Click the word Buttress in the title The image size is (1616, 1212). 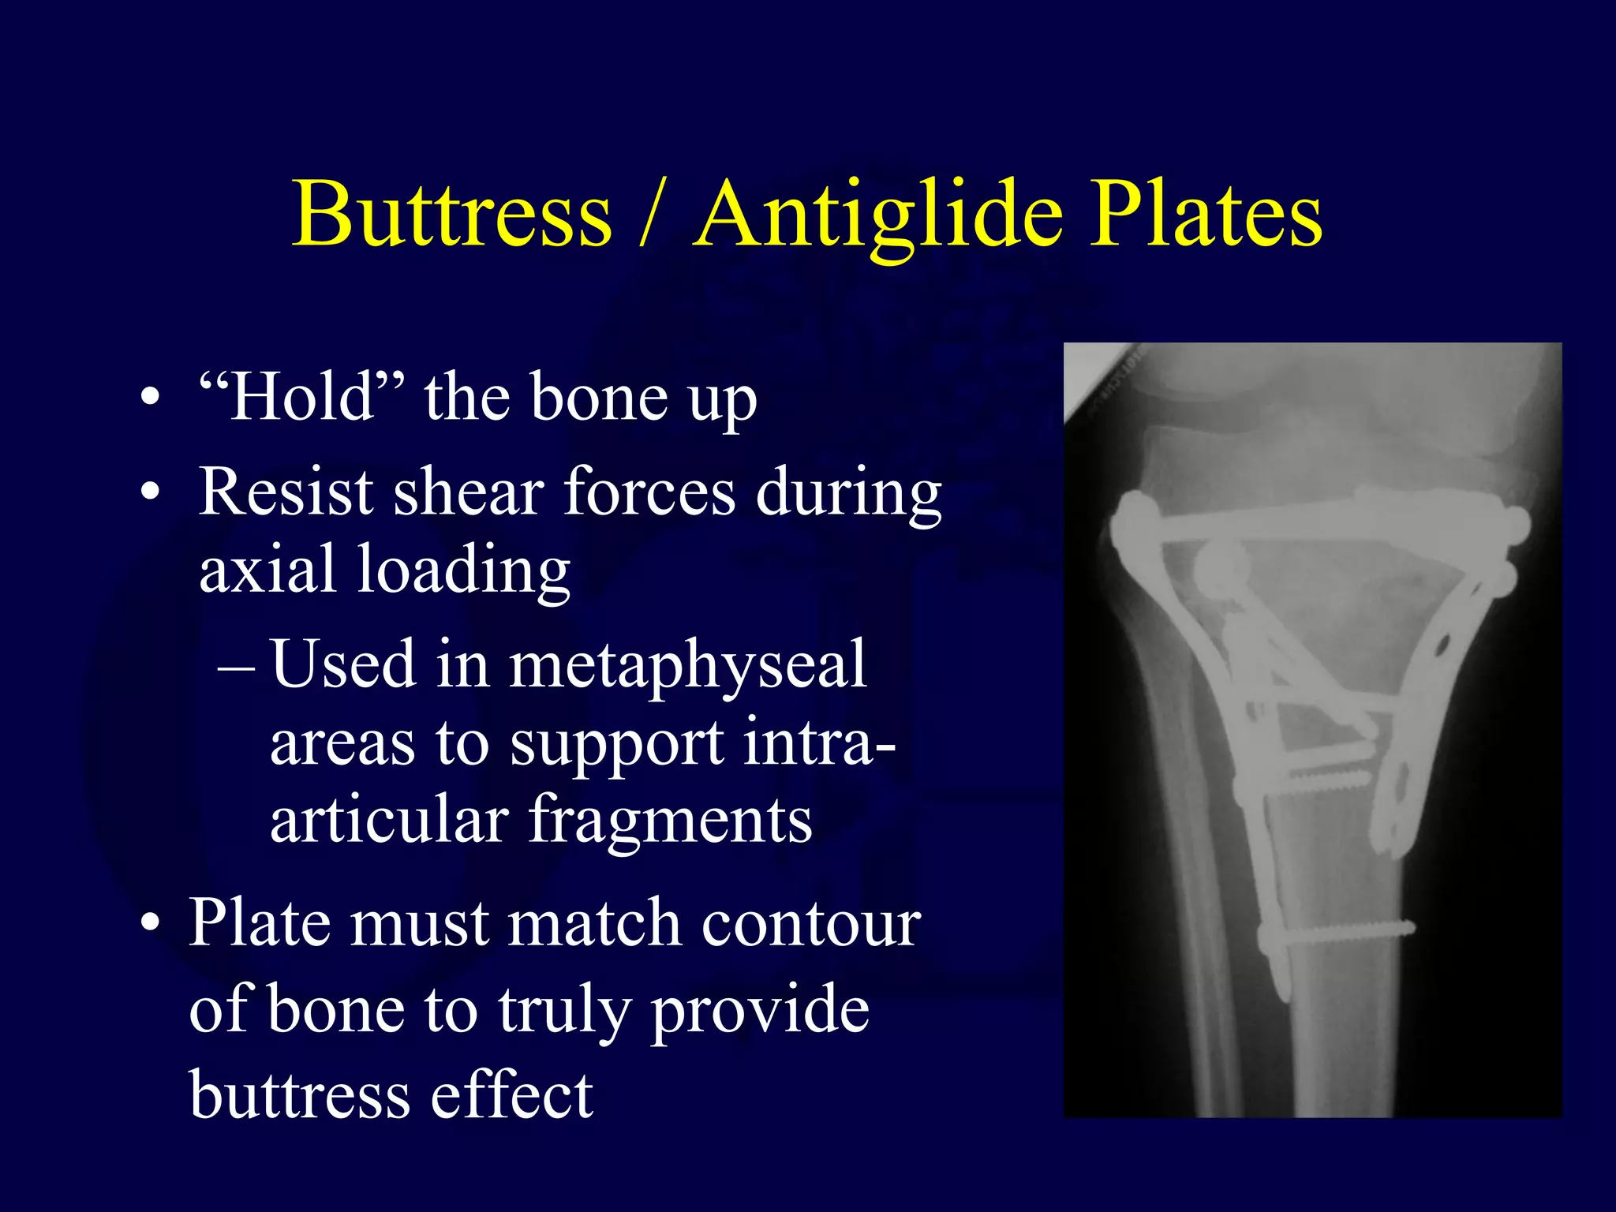point(452,215)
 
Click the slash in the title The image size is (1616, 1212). point(652,215)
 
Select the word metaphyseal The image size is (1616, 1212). point(687,664)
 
